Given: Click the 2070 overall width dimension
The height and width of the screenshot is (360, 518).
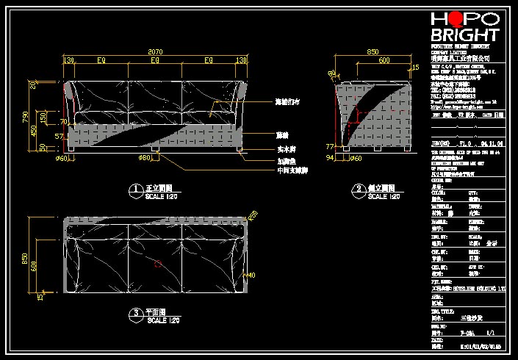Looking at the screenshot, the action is (x=155, y=51).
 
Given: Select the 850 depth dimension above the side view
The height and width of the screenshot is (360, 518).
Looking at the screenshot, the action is (x=373, y=51).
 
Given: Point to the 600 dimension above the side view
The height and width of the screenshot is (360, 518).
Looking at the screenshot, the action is (x=384, y=61).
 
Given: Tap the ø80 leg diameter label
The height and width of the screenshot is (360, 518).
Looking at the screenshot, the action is (x=145, y=157).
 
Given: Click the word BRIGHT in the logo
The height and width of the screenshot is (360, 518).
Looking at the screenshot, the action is (x=464, y=35).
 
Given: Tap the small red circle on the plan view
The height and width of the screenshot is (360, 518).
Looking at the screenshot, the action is (x=157, y=263).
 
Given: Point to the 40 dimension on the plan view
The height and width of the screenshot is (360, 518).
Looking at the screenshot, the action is (x=251, y=276).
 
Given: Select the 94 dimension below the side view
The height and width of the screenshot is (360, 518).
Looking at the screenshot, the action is (x=329, y=157).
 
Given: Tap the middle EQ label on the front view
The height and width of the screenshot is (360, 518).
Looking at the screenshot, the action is (x=155, y=60).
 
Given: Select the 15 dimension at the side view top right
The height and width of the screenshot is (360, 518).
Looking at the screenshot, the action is (x=416, y=68).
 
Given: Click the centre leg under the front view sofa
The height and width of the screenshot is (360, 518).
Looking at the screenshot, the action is (x=156, y=150).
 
